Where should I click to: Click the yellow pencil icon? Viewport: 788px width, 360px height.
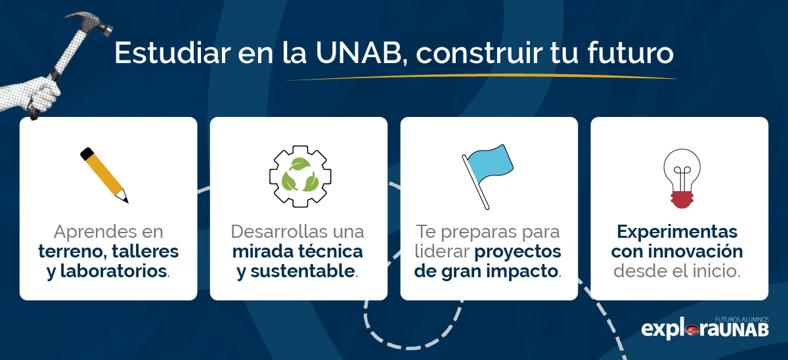(105, 174)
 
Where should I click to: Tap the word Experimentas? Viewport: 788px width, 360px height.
(676, 232)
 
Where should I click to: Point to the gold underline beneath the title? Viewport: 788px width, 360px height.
(480, 78)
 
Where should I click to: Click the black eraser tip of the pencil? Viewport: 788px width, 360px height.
(86, 154)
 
